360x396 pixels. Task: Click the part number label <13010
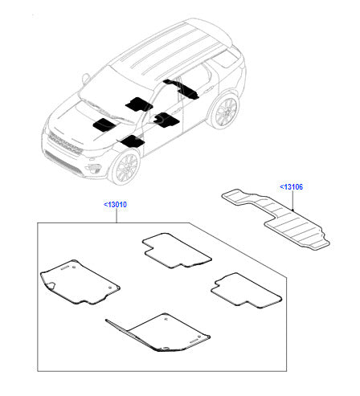(115, 205)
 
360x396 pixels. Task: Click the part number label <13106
(291, 187)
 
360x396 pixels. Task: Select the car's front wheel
(125, 167)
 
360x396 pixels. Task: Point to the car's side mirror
(86, 78)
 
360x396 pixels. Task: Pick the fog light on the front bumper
(93, 168)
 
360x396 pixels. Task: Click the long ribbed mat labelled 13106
(276, 219)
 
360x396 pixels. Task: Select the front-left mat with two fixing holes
(80, 282)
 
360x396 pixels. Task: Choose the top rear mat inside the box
(177, 251)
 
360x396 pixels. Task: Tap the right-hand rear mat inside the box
(246, 291)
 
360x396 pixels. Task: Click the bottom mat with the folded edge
(158, 332)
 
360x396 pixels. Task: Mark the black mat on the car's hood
(104, 125)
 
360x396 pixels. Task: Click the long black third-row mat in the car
(182, 89)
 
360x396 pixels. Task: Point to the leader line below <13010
(117, 216)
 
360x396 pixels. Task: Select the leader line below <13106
(293, 201)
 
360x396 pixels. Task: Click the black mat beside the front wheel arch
(133, 141)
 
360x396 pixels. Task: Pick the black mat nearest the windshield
(138, 104)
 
